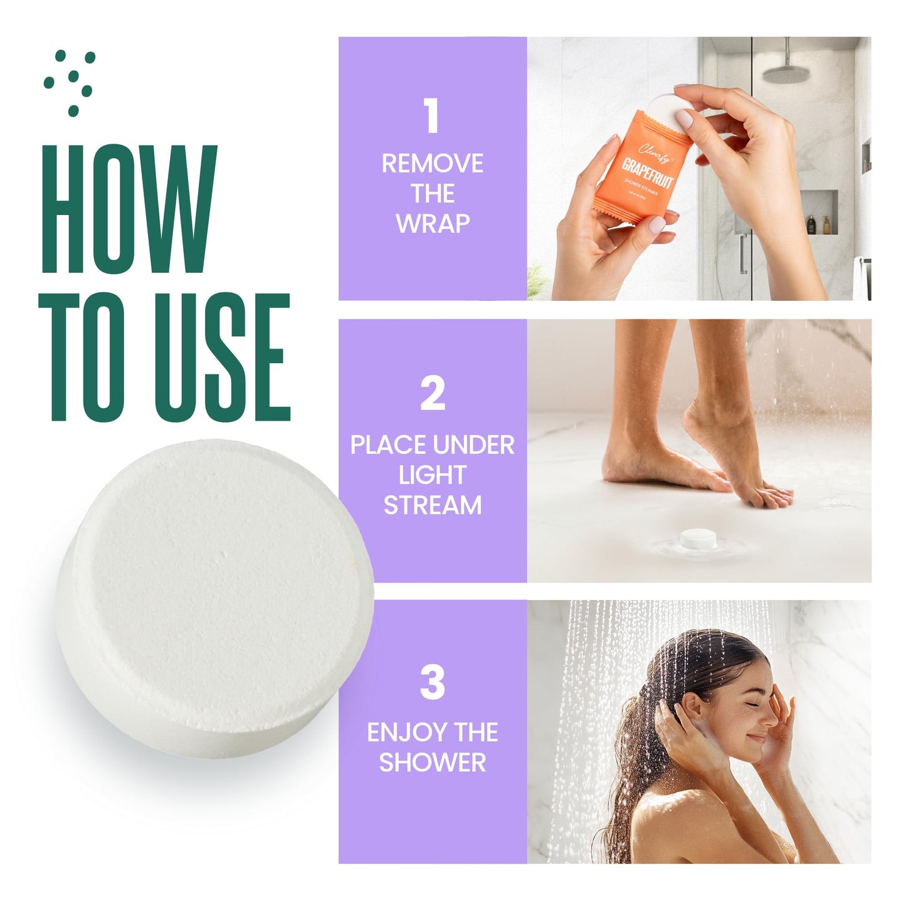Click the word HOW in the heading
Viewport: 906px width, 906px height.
pos(129,210)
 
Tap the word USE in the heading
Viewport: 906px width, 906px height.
pos(222,357)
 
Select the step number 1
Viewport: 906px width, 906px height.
pos(431,116)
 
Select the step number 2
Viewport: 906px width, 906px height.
pos(432,394)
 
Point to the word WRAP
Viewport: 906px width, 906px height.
pos(433,224)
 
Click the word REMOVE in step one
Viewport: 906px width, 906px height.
pos(433,164)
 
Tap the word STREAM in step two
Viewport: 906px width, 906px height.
pos(433,505)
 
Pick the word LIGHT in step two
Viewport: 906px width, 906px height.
pos(433,475)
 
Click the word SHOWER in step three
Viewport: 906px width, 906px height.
pos(433,762)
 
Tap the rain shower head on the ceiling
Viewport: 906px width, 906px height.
pos(786,74)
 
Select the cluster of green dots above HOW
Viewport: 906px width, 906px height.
pos(70,82)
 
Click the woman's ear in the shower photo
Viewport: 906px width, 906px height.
pos(690,707)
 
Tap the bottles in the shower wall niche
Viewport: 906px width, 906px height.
pos(818,224)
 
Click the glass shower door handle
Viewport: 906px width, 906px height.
pos(742,254)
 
